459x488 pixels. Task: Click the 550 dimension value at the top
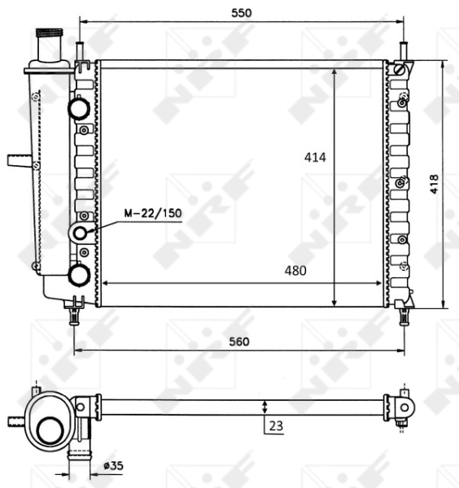click(x=241, y=12)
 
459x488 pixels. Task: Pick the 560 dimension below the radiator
click(x=238, y=341)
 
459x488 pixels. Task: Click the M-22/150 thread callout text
click(x=152, y=213)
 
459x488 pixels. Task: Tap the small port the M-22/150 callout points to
click(x=81, y=234)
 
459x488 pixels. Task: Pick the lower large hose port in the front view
click(x=79, y=275)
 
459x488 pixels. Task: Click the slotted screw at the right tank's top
click(x=398, y=71)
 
